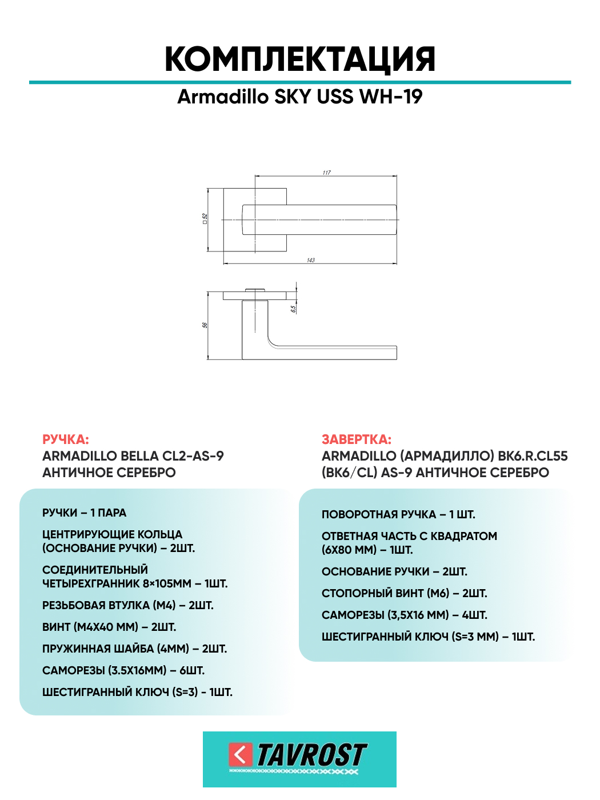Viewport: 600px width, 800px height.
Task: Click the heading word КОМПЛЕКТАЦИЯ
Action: tap(300, 60)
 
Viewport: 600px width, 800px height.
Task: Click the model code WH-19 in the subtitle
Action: tap(391, 97)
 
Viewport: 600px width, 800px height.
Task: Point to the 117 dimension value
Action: tap(326, 173)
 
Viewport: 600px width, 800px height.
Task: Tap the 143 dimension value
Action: tap(311, 260)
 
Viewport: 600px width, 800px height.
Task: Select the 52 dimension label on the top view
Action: tap(205, 219)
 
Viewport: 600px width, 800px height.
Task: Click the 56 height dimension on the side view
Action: tap(205, 325)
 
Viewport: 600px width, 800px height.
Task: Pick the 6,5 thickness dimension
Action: tap(293, 309)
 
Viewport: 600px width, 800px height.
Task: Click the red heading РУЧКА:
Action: tap(66, 439)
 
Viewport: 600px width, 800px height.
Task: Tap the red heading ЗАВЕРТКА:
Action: tap(356, 439)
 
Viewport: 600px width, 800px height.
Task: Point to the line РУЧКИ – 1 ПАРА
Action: tap(84, 513)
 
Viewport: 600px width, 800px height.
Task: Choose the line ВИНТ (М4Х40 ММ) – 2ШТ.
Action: tap(109, 627)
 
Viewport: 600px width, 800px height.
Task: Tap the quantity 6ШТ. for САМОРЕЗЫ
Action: tap(192, 670)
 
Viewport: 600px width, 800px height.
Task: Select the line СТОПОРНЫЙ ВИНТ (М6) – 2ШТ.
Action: tap(405, 593)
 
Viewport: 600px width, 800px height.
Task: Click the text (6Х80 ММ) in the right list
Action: tap(349, 550)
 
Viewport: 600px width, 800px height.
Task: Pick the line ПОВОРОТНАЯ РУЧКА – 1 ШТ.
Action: tap(398, 515)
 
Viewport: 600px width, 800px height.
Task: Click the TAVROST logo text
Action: tap(312, 755)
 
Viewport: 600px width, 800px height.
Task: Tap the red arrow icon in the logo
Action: tap(241, 755)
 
